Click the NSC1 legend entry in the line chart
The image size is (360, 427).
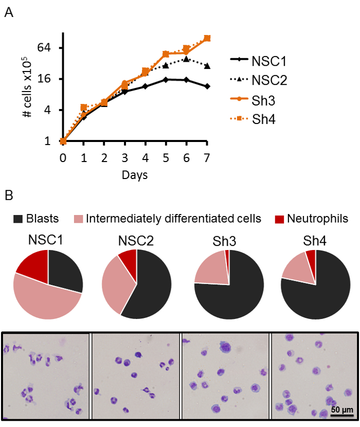point(269,62)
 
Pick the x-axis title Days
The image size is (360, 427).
point(135,175)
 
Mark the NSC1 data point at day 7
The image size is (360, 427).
point(207,86)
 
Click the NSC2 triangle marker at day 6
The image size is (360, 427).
point(186,59)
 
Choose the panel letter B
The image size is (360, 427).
point(9,196)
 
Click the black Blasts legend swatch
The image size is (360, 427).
point(20,219)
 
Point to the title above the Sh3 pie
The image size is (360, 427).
point(229,240)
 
